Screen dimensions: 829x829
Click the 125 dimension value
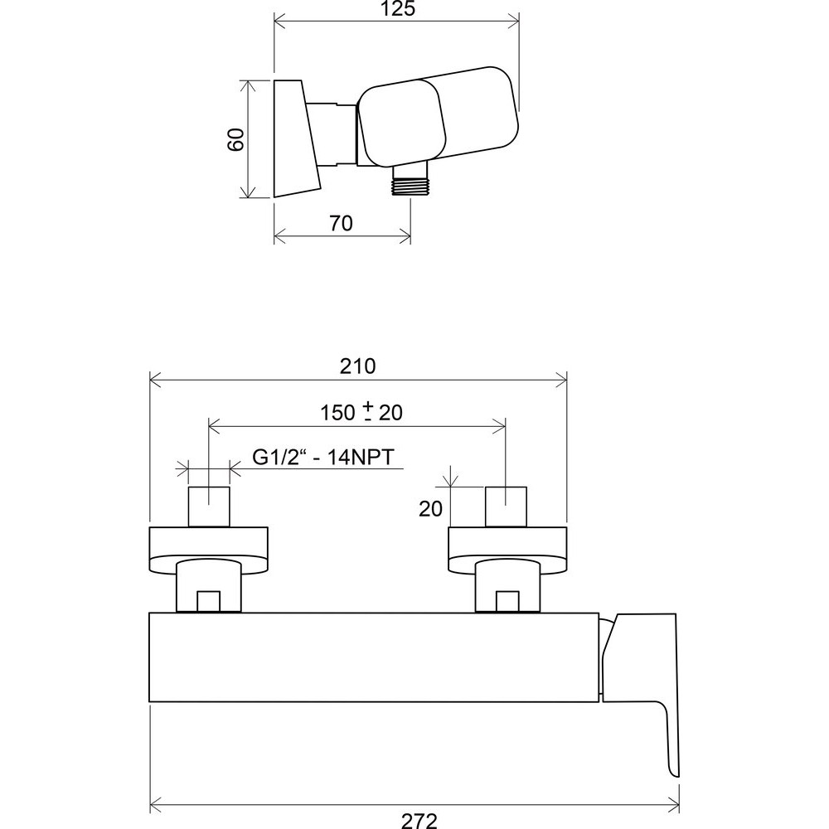tap(398, 8)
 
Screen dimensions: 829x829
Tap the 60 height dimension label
tap(235, 139)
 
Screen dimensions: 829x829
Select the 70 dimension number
tap(341, 223)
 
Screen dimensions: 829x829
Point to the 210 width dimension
tap(358, 366)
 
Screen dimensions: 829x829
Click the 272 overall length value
tap(419, 821)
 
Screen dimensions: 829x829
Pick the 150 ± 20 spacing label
tap(361, 412)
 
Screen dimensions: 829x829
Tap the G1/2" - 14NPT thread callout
tap(323, 457)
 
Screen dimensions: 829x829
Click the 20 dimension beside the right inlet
tap(430, 509)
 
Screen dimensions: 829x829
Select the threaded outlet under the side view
tap(410, 181)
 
